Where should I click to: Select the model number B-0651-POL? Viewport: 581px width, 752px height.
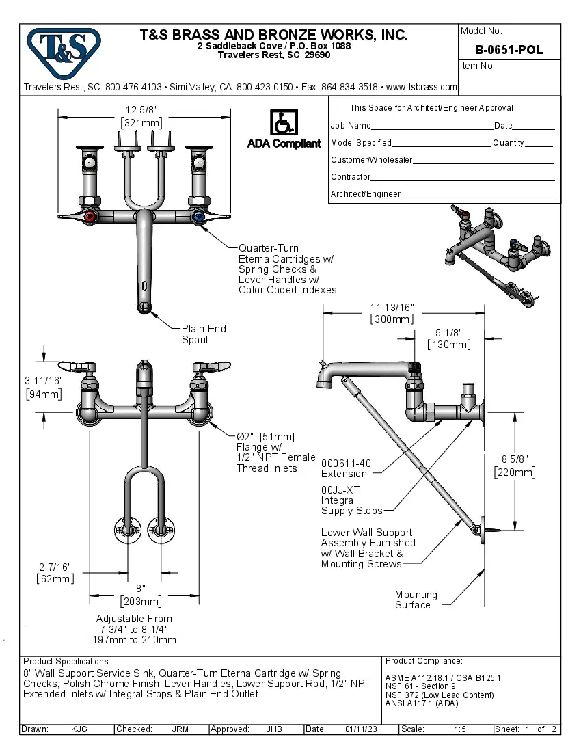[x=509, y=49]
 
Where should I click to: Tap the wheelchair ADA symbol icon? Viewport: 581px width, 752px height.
[x=283, y=123]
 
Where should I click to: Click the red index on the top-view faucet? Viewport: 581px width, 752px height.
[x=89, y=218]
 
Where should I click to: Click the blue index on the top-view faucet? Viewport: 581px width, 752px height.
[x=199, y=218]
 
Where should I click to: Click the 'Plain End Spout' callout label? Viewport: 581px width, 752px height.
[x=203, y=334]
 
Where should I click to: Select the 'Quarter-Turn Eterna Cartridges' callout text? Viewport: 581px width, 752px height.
[x=287, y=269]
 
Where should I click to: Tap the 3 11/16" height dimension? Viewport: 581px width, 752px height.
[x=44, y=387]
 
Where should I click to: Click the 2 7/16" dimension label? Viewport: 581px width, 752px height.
[x=55, y=573]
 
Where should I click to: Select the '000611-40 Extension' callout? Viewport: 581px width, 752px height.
[x=347, y=468]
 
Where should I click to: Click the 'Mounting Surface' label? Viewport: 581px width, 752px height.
[x=416, y=600]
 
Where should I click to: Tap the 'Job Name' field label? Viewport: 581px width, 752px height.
[x=351, y=126]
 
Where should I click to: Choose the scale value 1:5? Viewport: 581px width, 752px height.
[x=460, y=729]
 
